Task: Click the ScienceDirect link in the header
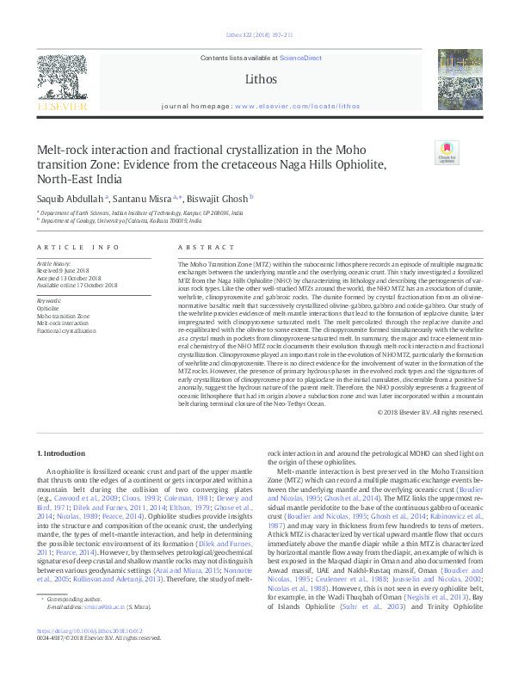(299, 57)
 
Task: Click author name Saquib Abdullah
(71, 198)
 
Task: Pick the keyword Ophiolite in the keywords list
(48, 307)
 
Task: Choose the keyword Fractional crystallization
(67, 330)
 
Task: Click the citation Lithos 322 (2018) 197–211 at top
(255, 34)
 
